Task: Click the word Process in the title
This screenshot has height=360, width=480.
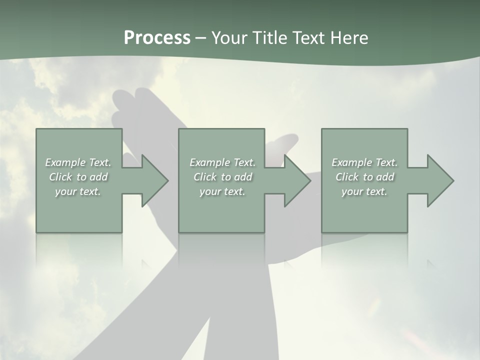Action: click(x=157, y=38)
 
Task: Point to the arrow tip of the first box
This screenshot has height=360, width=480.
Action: click(x=167, y=180)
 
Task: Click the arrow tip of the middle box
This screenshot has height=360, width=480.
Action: click(x=309, y=180)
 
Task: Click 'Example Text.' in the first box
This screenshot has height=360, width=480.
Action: click(x=78, y=162)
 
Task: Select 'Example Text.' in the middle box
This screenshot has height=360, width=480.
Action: click(x=222, y=162)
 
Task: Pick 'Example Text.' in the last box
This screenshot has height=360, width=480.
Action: click(x=364, y=162)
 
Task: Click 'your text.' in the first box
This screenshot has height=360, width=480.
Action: click(x=78, y=191)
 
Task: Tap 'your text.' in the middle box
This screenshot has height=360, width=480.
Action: click(x=222, y=191)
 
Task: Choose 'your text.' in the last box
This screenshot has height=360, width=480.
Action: click(x=364, y=191)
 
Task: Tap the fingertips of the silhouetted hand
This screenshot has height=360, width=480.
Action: click(x=122, y=100)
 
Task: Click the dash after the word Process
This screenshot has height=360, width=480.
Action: click(x=201, y=38)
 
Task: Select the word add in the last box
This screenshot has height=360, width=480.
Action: click(x=385, y=177)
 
